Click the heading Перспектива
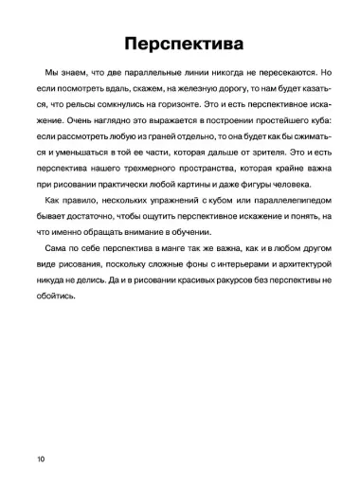click(x=180, y=44)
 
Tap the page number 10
click(x=39, y=458)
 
